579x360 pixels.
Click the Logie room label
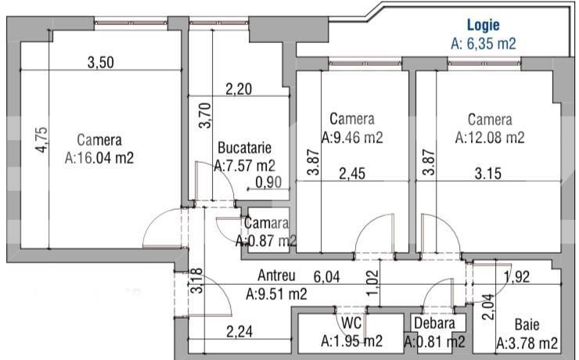[x=484, y=25]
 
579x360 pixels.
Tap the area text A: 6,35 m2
[x=484, y=44]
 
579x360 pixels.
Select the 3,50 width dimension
[x=99, y=63]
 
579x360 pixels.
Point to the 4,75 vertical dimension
[x=44, y=144]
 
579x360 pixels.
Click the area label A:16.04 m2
[x=99, y=157]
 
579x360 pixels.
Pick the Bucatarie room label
[x=245, y=147]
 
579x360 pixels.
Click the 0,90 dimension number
[x=270, y=183]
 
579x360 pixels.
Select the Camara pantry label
[x=266, y=224]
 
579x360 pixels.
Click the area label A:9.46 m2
[x=351, y=137]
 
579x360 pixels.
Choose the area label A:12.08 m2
[x=490, y=138]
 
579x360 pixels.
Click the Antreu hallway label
[x=276, y=276]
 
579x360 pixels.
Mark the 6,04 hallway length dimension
[x=329, y=276]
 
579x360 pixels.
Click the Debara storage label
[x=434, y=322]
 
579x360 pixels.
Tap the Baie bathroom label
[x=527, y=325]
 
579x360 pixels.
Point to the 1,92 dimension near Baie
[x=517, y=275]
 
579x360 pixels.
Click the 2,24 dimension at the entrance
[x=240, y=331]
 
